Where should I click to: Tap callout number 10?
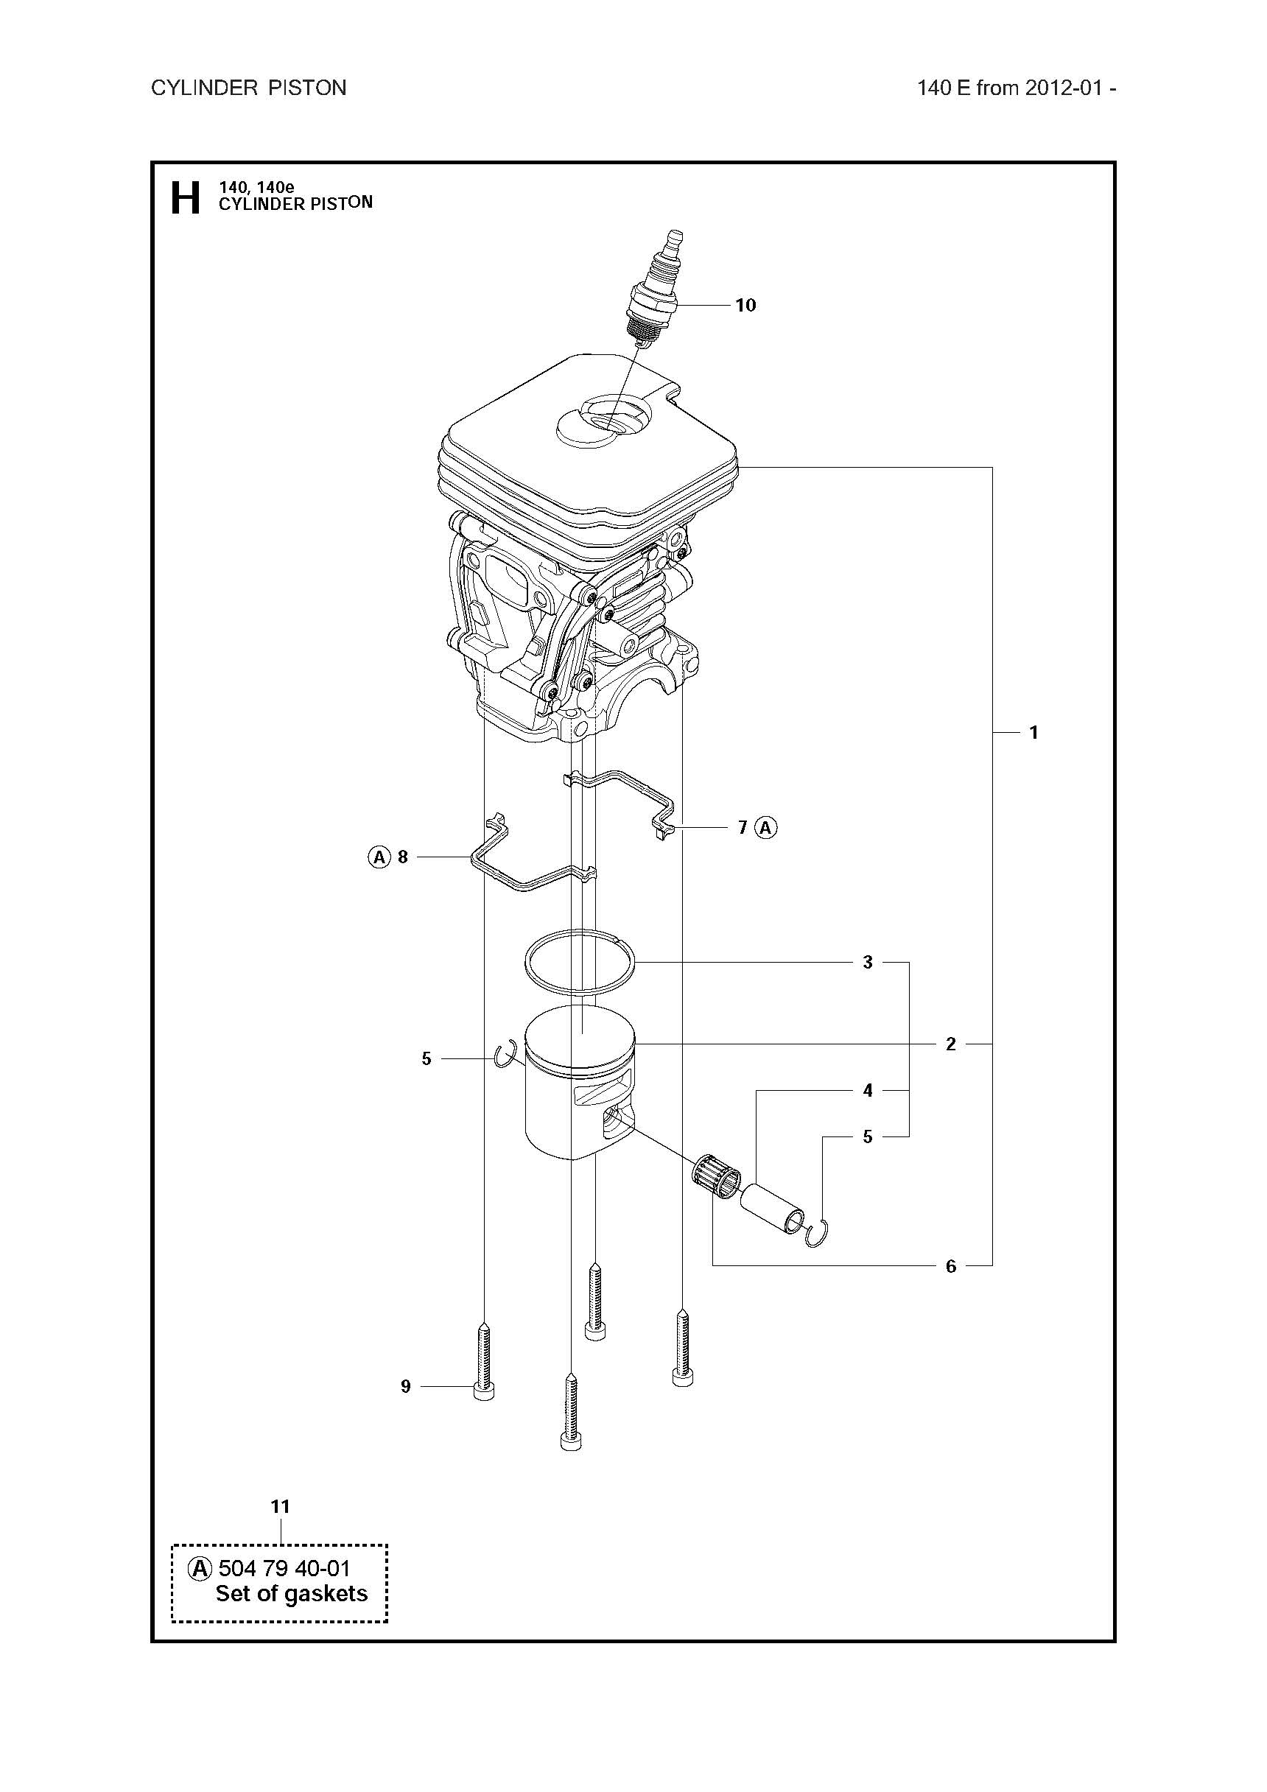(x=745, y=305)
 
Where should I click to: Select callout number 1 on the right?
(x=1033, y=732)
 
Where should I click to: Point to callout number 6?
(x=951, y=1266)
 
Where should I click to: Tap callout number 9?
(x=405, y=1386)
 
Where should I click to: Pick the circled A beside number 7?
(x=767, y=827)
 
